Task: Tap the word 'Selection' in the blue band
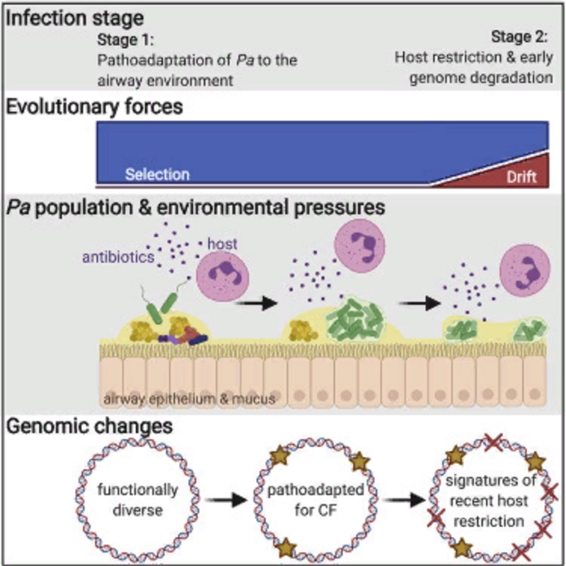pos(157,174)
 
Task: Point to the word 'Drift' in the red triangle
pos(522,178)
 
